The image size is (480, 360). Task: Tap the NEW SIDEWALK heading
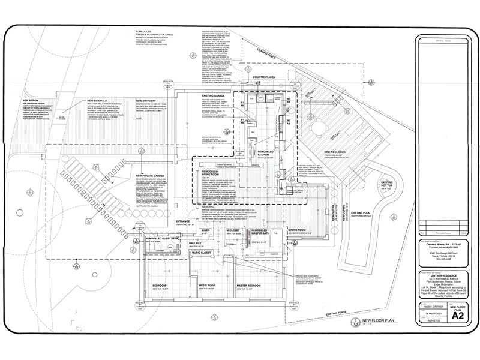pos(98,100)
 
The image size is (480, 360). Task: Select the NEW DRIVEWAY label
pos(146,100)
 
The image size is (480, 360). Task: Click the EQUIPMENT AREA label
pos(264,77)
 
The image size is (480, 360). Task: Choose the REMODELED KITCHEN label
pos(266,154)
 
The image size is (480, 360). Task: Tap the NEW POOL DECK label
pos(337,152)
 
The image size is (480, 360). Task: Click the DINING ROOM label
pos(298,230)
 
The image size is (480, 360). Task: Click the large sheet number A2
pos(457,316)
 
